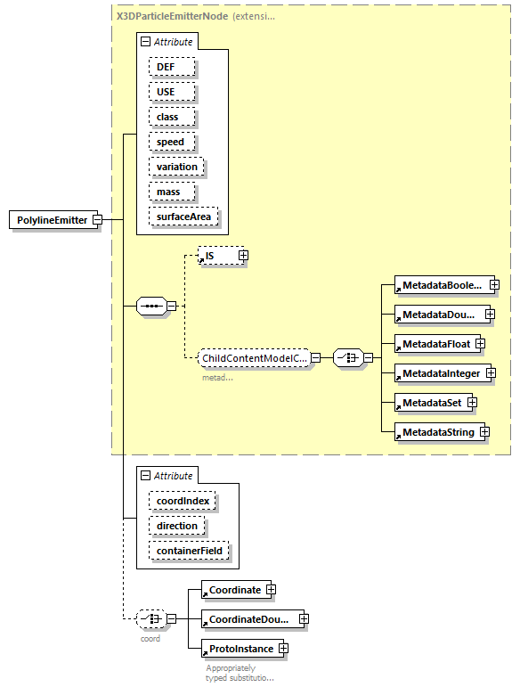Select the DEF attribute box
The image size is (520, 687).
coord(166,67)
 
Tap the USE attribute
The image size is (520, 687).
coord(166,92)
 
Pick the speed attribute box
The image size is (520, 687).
coord(170,142)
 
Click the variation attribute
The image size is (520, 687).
coord(176,167)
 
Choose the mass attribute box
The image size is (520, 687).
coord(168,192)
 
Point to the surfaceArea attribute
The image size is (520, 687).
coord(184,217)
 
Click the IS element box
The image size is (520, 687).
coord(215,257)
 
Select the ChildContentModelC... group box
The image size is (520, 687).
coord(255,358)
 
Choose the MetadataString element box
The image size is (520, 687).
coord(435,432)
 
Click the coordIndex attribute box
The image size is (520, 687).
coord(183,501)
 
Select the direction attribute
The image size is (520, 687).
coord(177,526)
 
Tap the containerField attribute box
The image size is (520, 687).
coord(190,552)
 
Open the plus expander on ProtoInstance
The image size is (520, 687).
coord(283,649)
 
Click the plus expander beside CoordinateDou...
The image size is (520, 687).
coord(304,618)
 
